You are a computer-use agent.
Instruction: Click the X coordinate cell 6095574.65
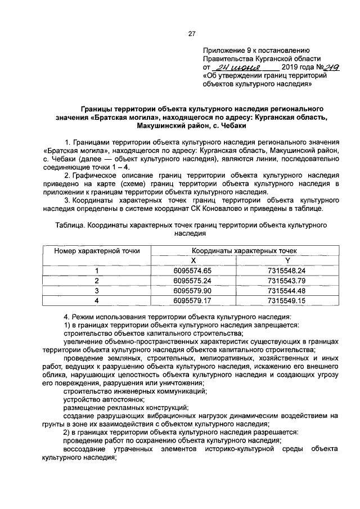(x=193, y=271)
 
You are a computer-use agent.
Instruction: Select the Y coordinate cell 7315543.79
(x=286, y=281)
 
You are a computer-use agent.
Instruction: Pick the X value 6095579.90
(x=193, y=291)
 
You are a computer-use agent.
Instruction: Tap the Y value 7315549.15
(x=286, y=301)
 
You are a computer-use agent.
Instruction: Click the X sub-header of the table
(x=193, y=260)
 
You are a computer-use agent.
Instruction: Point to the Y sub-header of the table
(x=287, y=260)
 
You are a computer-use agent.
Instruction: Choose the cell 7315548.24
(x=286, y=271)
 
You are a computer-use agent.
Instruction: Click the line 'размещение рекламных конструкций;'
(x=125, y=407)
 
